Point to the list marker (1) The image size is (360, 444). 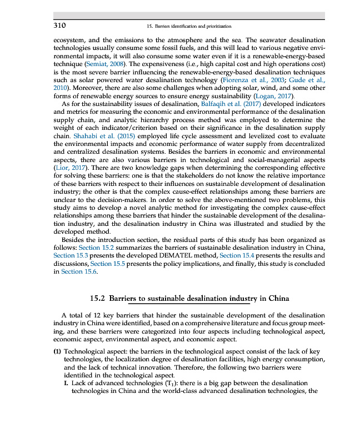[57, 352]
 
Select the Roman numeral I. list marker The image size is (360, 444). [67, 383]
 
